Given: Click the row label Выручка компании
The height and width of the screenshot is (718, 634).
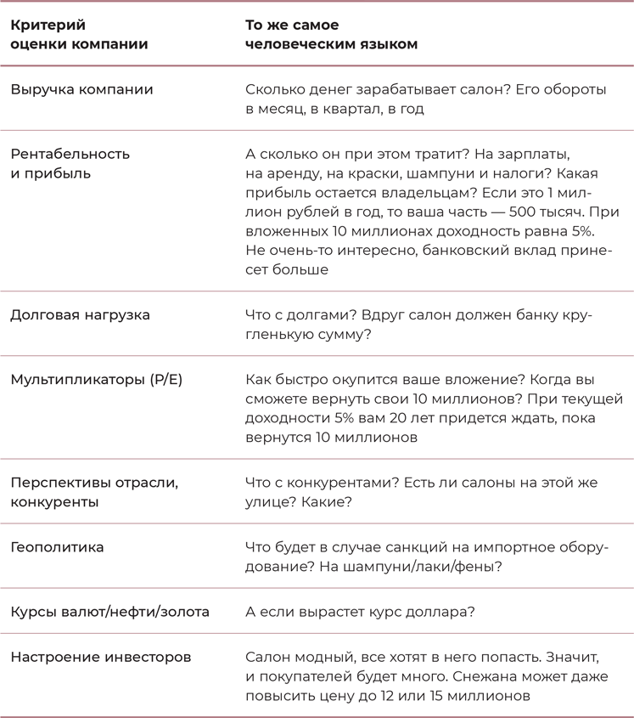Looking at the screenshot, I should (x=81, y=89).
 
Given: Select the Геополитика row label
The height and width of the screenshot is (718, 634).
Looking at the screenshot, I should (x=57, y=547).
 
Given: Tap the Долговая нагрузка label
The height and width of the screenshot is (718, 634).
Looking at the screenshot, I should (x=80, y=314).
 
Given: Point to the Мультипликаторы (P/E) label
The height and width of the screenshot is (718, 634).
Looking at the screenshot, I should (x=96, y=379).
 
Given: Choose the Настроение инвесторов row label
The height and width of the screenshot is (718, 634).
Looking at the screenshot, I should (x=100, y=657).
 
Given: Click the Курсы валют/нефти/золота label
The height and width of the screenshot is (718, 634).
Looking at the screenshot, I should (x=109, y=612).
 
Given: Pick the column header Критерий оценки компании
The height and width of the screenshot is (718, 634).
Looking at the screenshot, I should (x=78, y=35).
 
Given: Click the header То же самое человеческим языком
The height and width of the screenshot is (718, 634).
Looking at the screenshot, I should (x=331, y=35).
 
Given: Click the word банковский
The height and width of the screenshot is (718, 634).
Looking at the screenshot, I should (x=469, y=251).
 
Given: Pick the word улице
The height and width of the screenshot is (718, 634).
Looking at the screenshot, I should (x=267, y=502).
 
